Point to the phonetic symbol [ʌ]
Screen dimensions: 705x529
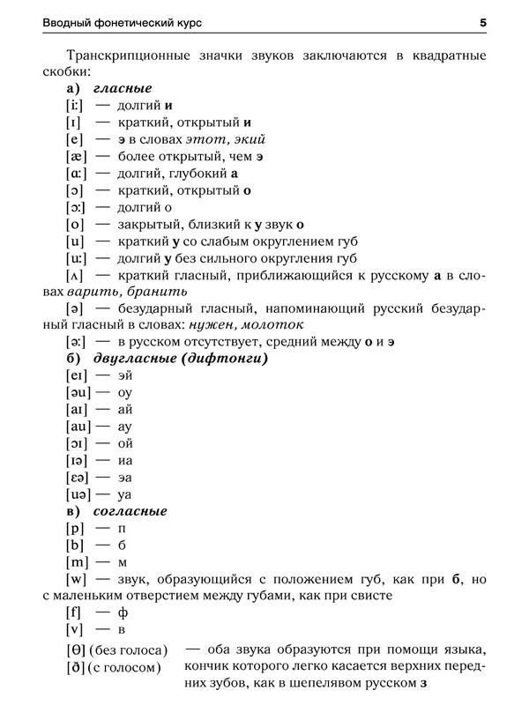coord(76,277)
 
